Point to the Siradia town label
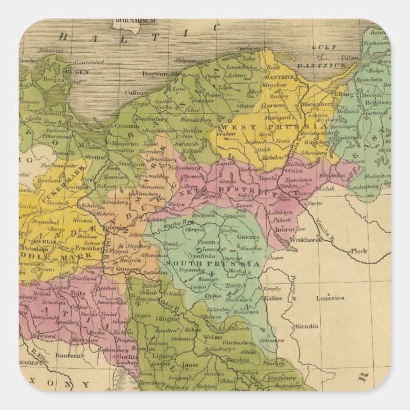pyautogui.click(x=306, y=326)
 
